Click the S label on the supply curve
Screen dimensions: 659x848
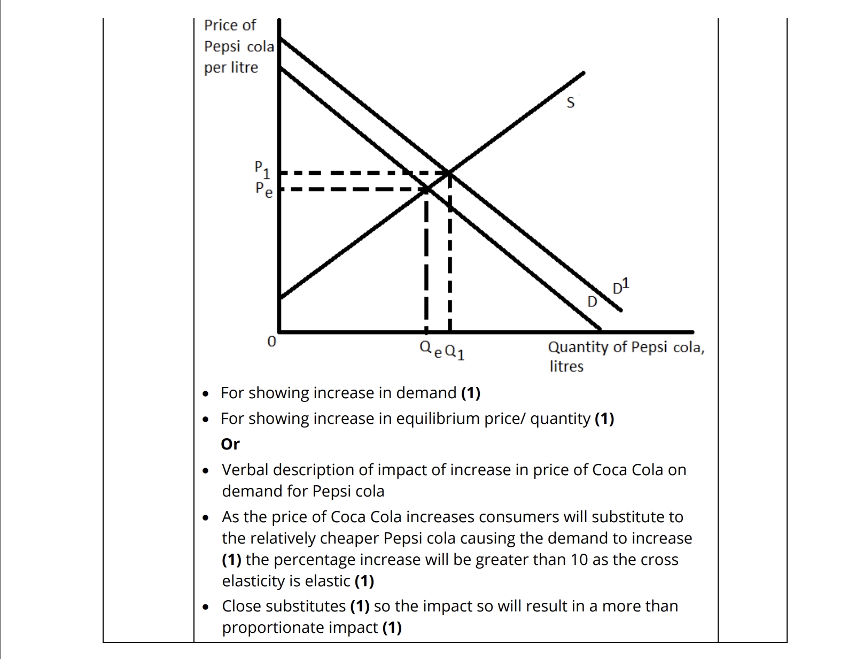[570, 102]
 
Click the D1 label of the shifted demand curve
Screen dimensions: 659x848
[620, 286]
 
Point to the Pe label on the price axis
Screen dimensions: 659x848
[263, 189]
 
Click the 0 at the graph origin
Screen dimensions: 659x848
[271, 341]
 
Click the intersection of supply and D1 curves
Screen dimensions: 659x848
[449, 173]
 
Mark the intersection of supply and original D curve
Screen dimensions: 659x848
[426, 188]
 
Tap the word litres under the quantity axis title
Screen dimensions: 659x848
[566, 367]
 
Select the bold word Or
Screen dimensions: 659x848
[230, 444]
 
